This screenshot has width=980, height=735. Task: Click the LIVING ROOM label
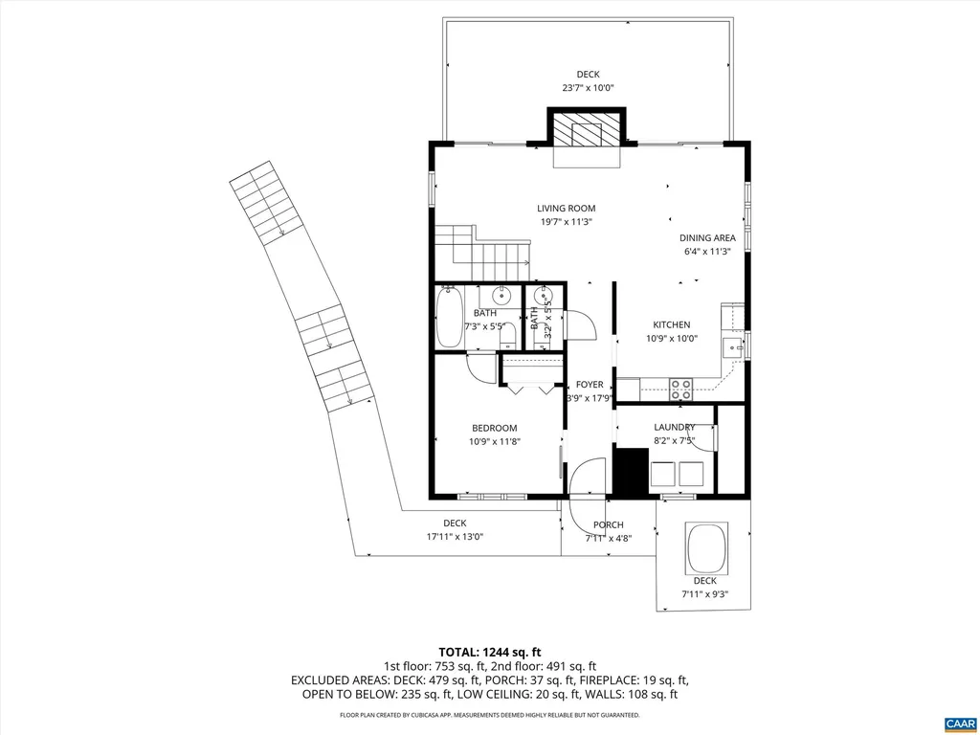pyautogui.click(x=566, y=209)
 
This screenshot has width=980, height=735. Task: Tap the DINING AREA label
pyautogui.click(x=707, y=238)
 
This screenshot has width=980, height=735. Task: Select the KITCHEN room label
pyautogui.click(x=671, y=324)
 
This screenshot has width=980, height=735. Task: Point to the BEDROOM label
pyautogui.click(x=494, y=428)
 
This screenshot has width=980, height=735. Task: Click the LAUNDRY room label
pyautogui.click(x=674, y=427)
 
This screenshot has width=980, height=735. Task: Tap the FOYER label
pyautogui.click(x=590, y=385)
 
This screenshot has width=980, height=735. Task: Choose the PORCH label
pyautogui.click(x=608, y=524)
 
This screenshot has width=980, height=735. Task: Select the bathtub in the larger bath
pyautogui.click(x=448, y=319)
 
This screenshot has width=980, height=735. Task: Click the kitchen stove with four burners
pyautogui.click(x=680, y=389)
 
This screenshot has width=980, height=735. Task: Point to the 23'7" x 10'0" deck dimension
pyautogui.click(x=588, y=88)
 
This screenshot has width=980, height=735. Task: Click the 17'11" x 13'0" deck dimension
pyautogui.click(x=455, y=537)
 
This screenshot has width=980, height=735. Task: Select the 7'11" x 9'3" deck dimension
pyautogui.click(x=704, y=594)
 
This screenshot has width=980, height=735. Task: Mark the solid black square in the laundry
pyautogui.click(x=630, y=472)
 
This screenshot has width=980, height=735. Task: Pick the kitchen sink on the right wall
pyautogui.click(x=733, y=346)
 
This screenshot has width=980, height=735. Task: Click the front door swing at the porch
pyautogui.click(x=586, y=479)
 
